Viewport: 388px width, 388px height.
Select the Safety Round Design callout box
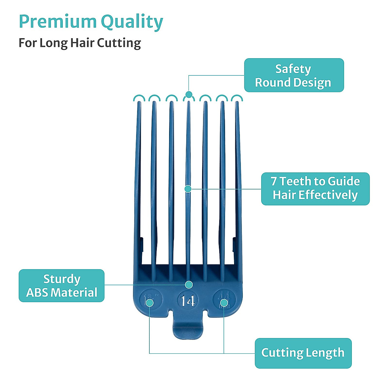point(294,75)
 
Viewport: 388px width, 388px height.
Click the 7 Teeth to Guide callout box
point(315,189)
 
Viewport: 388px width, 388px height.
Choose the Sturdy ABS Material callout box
point(61,286)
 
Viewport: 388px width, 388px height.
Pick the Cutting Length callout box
point(303,353)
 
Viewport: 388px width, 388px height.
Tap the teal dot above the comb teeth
point(189,94)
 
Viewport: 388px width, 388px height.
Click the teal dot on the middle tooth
point(188,189)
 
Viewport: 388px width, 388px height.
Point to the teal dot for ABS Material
point(189,285)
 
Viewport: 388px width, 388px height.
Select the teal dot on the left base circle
point(149,303)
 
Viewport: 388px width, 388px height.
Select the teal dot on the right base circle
point(224,303)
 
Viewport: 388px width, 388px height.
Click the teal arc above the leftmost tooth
point(138,98)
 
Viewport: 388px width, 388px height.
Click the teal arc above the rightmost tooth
point(237,98)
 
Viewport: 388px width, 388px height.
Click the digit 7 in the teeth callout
point(274,181)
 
